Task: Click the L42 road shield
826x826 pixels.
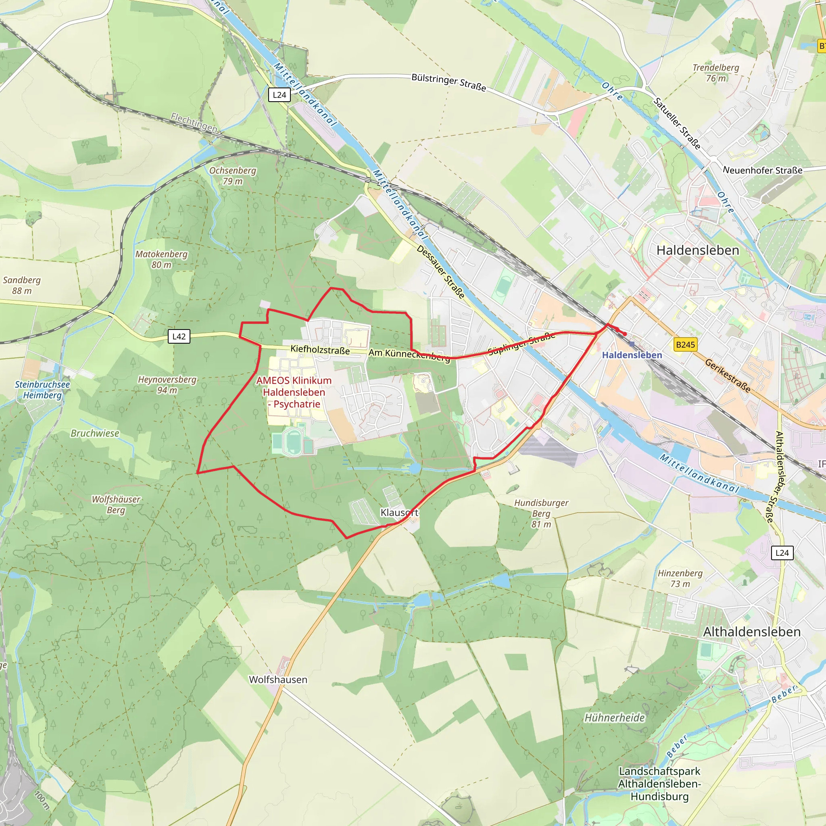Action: pos(179,336)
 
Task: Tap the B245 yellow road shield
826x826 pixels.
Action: pos(685,344)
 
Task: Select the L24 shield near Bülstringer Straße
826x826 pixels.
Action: pos(279,95)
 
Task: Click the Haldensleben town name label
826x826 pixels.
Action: pos(698,250)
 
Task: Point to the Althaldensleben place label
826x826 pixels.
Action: pos(752,632)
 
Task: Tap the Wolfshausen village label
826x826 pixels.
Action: pos(278,679)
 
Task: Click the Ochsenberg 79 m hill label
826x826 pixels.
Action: pos(233,176)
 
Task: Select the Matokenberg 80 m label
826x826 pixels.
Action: pos(162,259)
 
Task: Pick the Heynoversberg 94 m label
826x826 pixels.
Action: pos(167,384)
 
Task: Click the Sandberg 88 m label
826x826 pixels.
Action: pos(22,285)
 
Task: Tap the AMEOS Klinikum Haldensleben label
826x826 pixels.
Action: pos(294,392)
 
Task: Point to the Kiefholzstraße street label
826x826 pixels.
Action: pos(320,350)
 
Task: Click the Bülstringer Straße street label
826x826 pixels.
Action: pos(448,82)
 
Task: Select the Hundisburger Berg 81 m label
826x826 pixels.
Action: pos(541,513)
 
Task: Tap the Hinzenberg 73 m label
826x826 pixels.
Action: pos(680,578)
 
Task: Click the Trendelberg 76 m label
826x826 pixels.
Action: pos(716,73)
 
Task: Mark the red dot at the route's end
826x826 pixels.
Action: pos(625,334)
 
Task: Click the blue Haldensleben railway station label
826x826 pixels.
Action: pos(632,355)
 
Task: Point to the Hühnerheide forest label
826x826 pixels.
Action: pos(614,718)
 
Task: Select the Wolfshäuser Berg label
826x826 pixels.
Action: pos(116,505)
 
